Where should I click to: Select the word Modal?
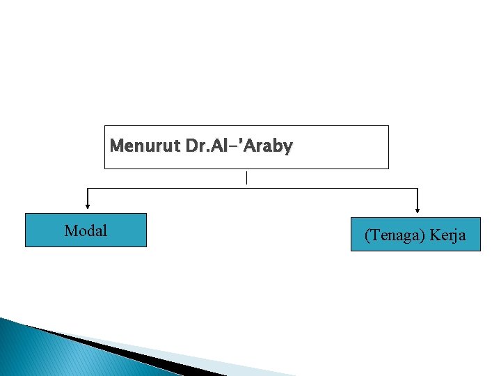point(86,230)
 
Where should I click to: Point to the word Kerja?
point(447,235)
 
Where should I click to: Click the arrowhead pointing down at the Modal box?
point(88,205)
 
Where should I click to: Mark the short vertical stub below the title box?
point(246,178)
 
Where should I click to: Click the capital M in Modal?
point(70,230)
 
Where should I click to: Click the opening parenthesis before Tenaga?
point(367,235)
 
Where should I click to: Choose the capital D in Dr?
point(191,146)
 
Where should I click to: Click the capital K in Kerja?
point(436,235)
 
